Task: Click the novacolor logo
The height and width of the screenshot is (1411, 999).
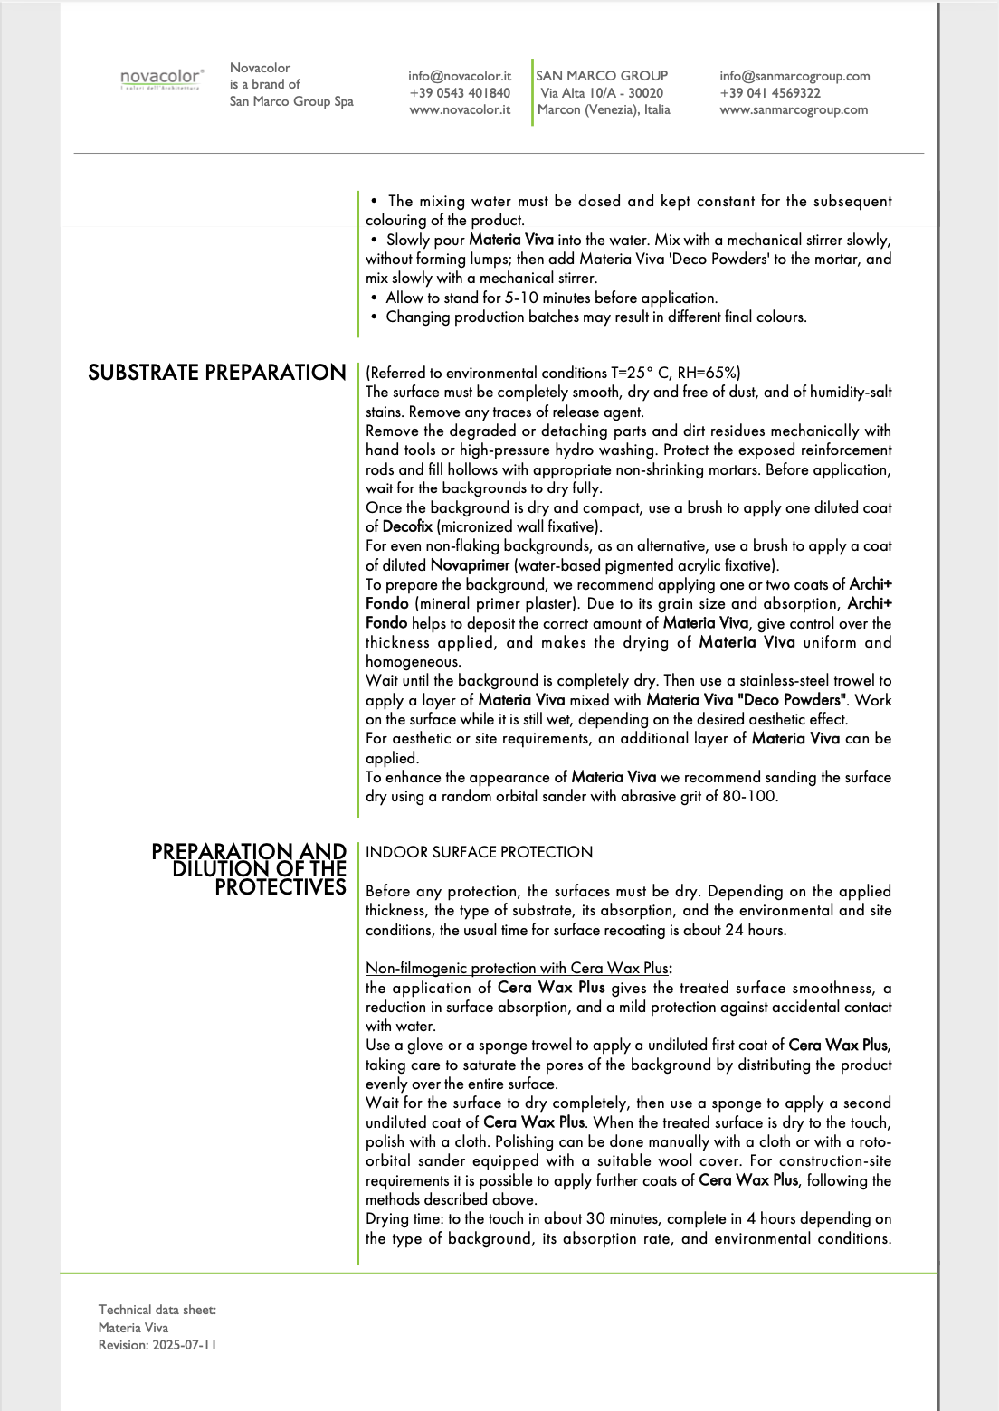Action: point(162,79)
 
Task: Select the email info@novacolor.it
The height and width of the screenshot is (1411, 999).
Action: point(460,76)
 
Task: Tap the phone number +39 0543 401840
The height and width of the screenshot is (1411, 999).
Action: point(460,93)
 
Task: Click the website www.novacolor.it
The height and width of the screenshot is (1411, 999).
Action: point(460,109)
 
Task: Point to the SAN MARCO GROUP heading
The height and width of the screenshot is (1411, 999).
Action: point(602,76)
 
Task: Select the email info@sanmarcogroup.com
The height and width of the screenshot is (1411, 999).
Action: point(794,76)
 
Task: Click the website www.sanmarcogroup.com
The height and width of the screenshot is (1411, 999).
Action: point(794,109)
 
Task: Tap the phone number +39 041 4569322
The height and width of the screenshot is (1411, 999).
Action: point(770,93)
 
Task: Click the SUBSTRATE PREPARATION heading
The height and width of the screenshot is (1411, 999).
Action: point(217,373)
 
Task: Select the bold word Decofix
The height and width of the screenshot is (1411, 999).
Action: point(407,526)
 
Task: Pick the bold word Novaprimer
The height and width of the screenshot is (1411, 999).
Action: point(471,565)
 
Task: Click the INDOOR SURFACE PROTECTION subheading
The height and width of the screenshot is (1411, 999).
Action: point(479,852)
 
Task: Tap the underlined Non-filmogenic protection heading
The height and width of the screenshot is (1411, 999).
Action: point(516,968)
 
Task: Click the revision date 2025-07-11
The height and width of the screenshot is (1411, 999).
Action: point(185,1345)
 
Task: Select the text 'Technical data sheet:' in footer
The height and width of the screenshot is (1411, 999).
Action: point(157,1310)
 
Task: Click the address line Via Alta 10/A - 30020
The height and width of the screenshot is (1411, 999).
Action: point(602,93)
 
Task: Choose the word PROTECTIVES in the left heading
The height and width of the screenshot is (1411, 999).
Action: point(281,887)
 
